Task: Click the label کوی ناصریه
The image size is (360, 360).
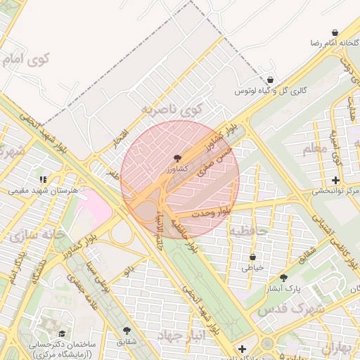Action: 172,108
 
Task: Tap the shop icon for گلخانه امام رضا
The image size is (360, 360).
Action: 334,32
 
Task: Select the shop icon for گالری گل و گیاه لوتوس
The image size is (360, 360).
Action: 271,80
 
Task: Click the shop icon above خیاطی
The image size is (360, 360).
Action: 252,257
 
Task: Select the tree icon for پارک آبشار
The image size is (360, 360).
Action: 283,278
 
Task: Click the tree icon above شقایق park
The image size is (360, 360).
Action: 127,330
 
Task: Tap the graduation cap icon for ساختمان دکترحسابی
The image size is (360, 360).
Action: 62,334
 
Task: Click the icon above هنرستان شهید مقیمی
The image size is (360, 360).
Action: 42,179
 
